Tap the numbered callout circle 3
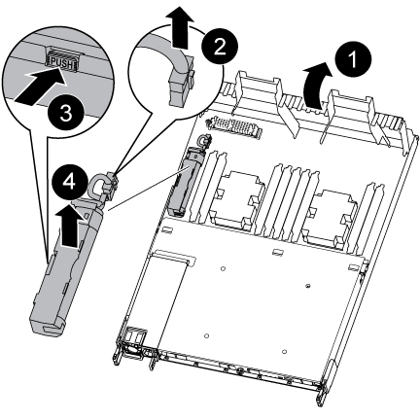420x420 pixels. pyautogui.click(x=66, y=114)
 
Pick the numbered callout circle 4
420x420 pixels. pyautogui.click(x=69, y=182)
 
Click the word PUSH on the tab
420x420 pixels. pyautogui.click(x=62, y=63)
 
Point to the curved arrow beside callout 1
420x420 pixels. pyautogui.click(x=316, y=85)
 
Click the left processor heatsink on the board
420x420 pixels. pyautogui.click(x=236, y=199)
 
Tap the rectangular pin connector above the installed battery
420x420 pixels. pyautogui.click(x=234, y=126)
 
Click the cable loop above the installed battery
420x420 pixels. pyautogui.click(x=203, y=141)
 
